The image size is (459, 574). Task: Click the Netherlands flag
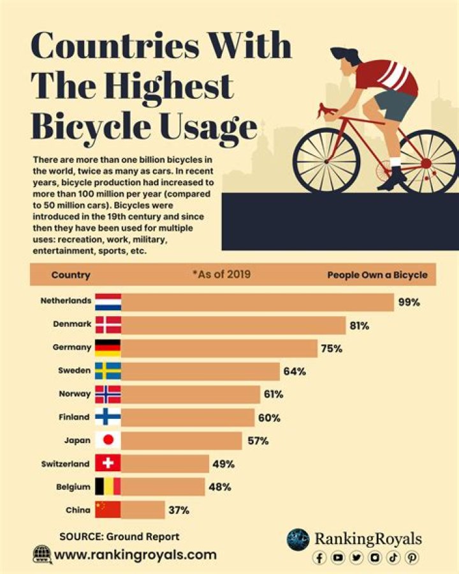(108, 301)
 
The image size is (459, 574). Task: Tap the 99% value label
(409, 302)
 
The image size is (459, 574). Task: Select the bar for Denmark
(233, 325)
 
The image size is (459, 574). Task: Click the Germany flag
(108, 348)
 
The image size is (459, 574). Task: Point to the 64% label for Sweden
(295, 371)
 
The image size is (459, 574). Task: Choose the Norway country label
(75, 394)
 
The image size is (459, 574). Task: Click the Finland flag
(108, 418)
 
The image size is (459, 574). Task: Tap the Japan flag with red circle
(108, 441)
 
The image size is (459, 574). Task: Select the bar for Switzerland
(165, 464)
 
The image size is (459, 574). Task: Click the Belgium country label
(74, 487)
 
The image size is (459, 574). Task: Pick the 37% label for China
(178, 510)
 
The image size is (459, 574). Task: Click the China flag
(108, 510)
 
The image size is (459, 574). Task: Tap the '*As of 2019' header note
(221, 275)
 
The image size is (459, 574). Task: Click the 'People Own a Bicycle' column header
(377, 275)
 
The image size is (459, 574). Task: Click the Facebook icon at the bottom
(320, 557)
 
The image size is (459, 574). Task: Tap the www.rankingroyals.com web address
(135, 555)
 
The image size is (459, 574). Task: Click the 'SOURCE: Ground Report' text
(119, 536)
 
